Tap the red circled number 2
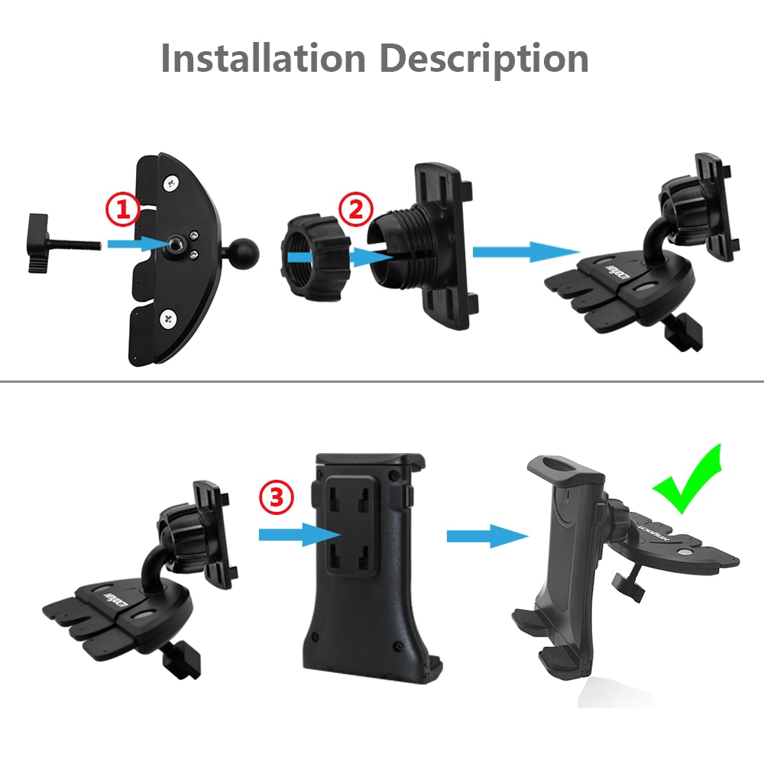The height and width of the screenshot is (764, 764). tap(357, 209)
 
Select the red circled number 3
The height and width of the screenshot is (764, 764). tap(276, 498)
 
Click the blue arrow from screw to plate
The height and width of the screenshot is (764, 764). tap(137, 244)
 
